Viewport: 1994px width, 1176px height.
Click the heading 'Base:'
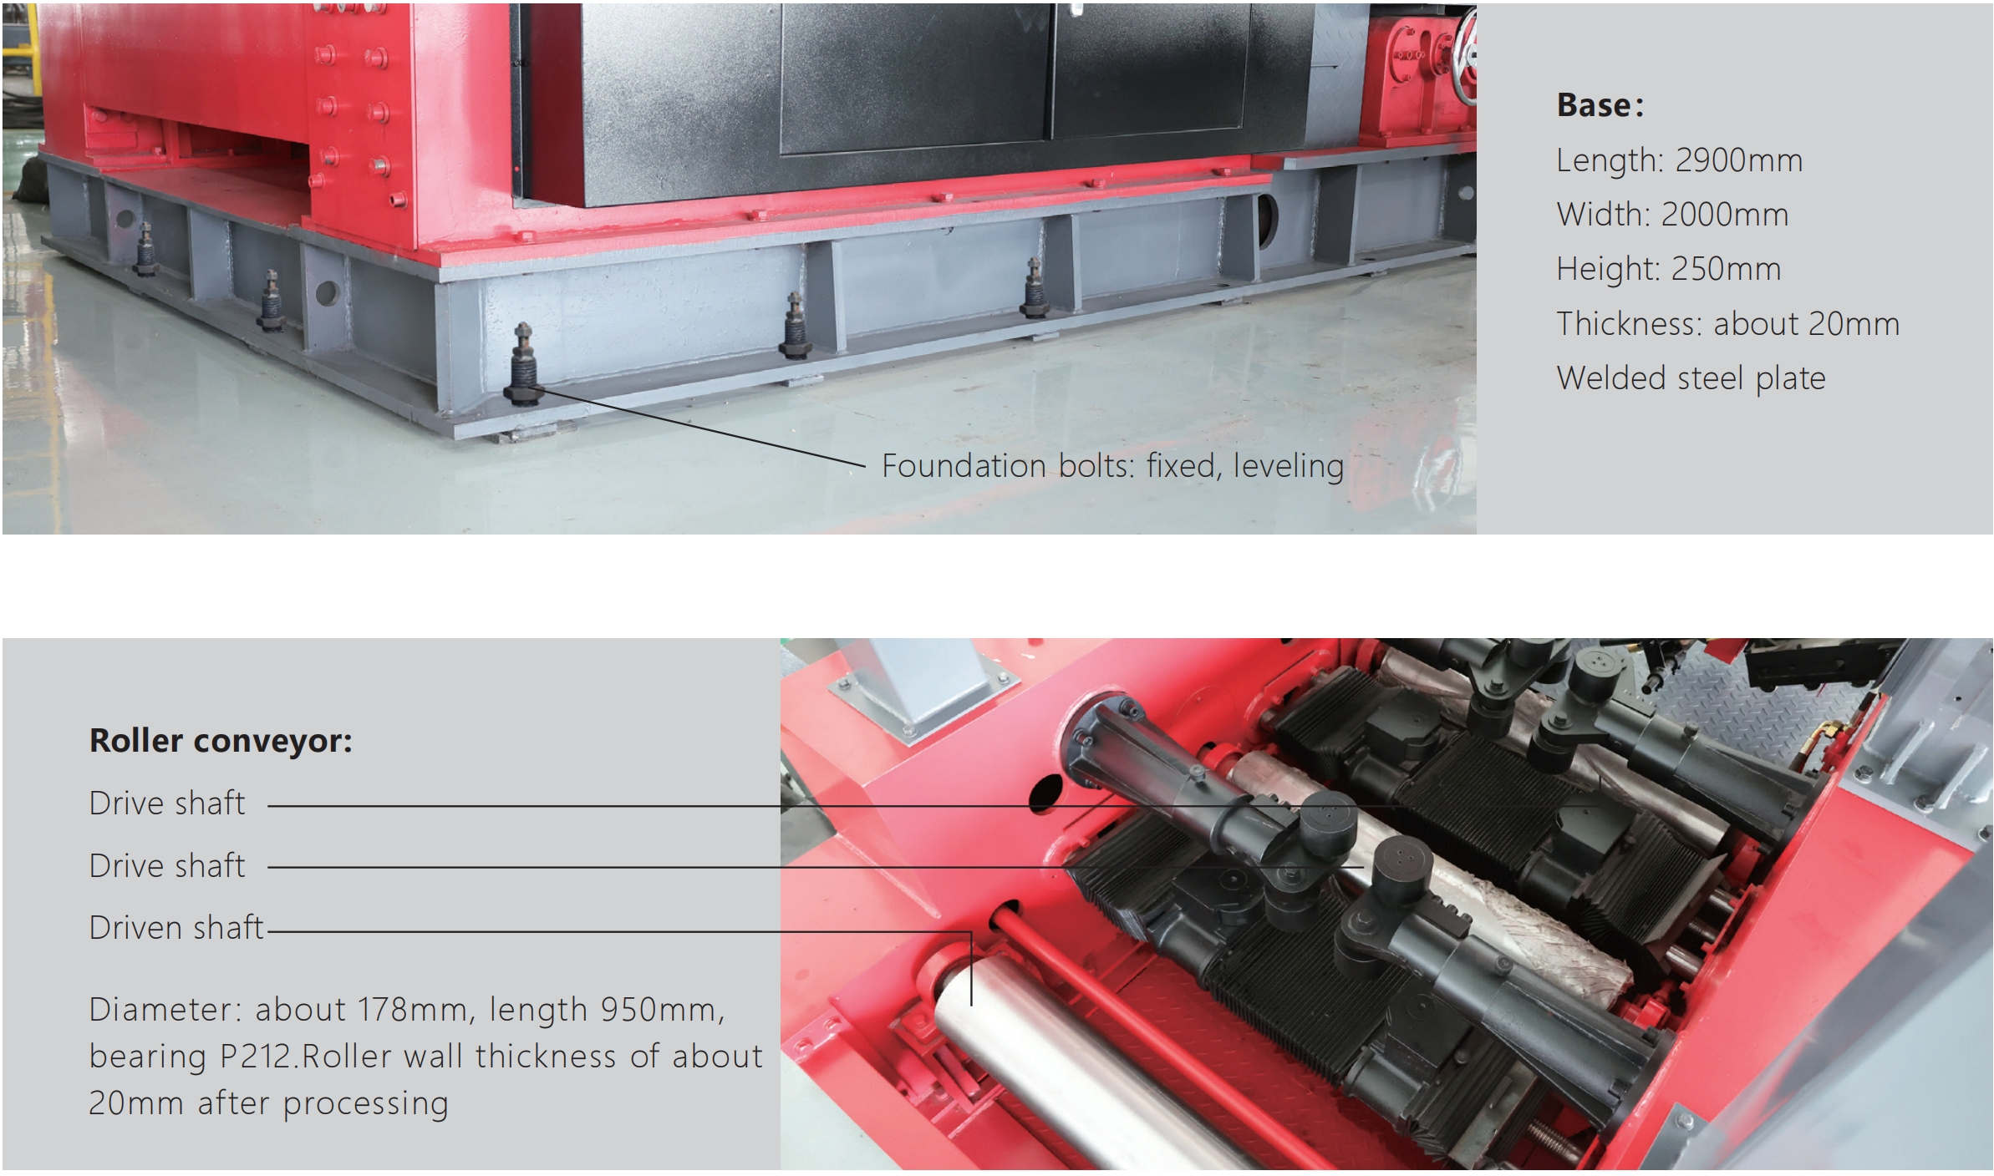click(x=1600, y=105)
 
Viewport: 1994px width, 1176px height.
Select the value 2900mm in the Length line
click(x=1738, y=160)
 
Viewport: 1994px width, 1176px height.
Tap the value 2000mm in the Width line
click(x=1724, y=215)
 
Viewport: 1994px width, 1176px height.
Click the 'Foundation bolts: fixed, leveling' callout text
click(x=1113, y=466)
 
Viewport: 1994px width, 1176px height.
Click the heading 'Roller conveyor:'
click(x=221, y=741)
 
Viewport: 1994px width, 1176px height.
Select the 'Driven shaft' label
click(x=176, y=928)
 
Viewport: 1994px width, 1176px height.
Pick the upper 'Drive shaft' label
click(x=167, y=803)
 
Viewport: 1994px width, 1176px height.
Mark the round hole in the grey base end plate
click(x=327, y=293)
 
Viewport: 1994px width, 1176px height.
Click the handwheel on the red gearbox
click(x=1467, y=58)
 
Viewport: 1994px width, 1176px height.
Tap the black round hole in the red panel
click(x=1045, y=793)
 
